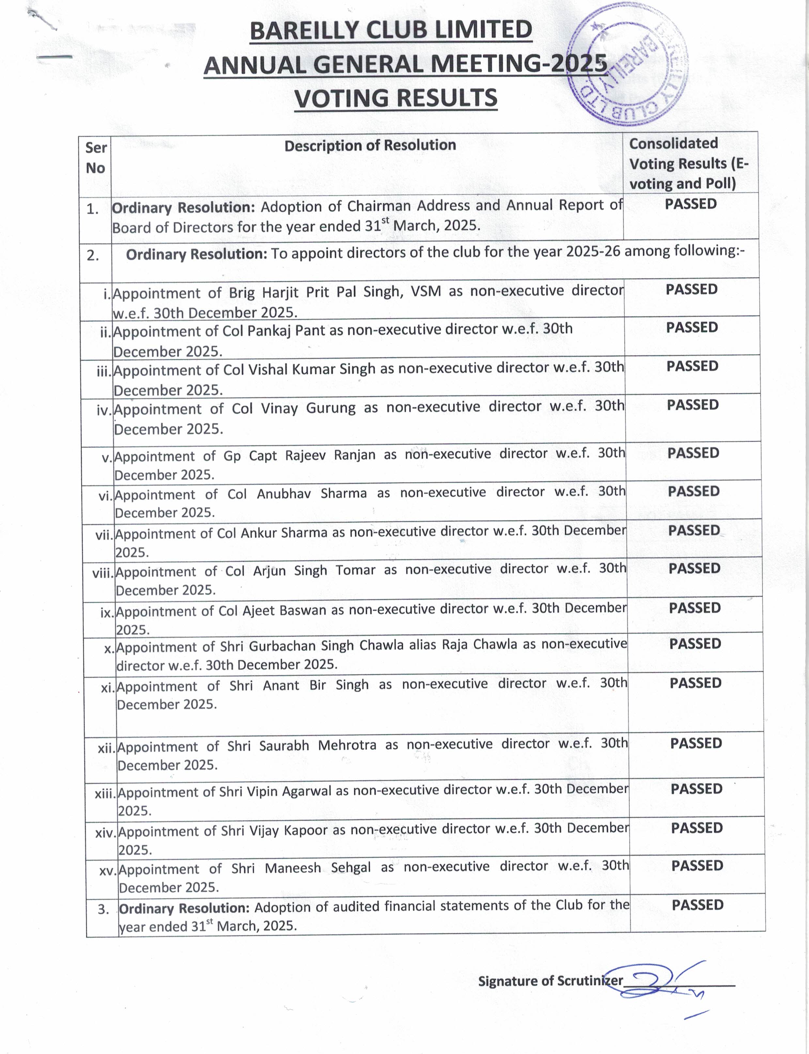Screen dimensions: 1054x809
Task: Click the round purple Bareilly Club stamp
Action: point(628,68)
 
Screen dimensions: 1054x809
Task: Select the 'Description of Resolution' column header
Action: point(370,146)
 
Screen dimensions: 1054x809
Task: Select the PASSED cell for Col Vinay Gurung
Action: point(692,405)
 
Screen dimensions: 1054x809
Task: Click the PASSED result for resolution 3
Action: point(697,905)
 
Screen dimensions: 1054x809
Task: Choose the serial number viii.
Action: point(103,573)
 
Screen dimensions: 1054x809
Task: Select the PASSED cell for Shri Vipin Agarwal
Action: point(696,789)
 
